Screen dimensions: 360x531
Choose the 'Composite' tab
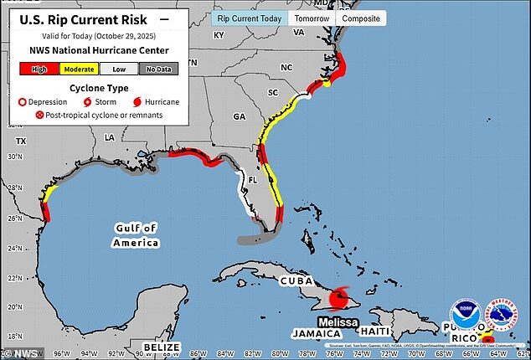pos(362,18)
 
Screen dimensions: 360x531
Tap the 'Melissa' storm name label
pos(338,321)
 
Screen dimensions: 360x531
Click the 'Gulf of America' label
pos(136,235)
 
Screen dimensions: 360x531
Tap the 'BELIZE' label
pos(162,346)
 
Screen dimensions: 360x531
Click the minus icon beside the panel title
pos(163,17)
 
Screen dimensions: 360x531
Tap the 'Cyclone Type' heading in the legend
pos(99,87)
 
